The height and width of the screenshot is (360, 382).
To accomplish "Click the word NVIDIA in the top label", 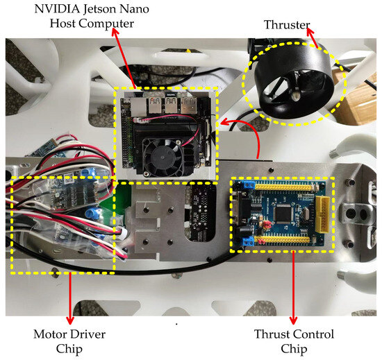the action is pos(57,9).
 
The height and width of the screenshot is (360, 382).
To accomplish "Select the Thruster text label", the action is pos(287,24).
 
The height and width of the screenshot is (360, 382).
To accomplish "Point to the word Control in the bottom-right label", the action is pos(314,334).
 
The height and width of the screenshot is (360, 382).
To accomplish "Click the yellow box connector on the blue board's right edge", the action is pos(322,214).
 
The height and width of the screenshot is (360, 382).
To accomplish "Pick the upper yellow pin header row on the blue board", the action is pos(283,187).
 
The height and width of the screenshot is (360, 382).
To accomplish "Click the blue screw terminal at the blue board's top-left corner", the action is pos(249,185).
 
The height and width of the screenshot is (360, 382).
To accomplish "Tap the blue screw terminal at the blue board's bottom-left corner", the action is pos(248,241).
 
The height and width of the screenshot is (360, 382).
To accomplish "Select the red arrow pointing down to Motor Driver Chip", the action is pos(70,298).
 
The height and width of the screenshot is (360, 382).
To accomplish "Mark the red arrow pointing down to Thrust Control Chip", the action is pos(293,287).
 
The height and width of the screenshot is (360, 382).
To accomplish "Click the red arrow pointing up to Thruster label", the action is pos(313,37).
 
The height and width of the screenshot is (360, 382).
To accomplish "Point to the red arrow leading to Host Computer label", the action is pos(124,58).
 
